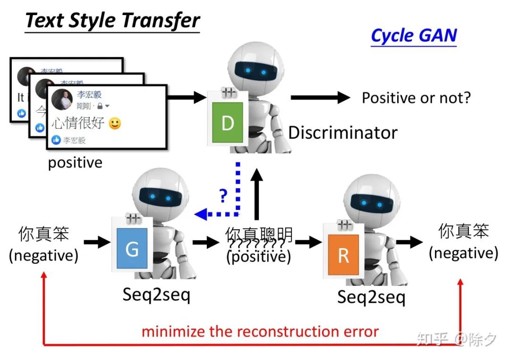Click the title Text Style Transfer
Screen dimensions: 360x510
tap(112, 21)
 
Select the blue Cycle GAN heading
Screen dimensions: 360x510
tap(414, 36)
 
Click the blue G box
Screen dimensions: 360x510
tap(132, 249)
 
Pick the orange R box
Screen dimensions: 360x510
tap(343, 255)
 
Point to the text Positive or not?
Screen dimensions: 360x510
tap(416, 98)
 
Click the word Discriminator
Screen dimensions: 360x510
tap(343, 133)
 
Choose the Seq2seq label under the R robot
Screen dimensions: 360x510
tap(371, 297)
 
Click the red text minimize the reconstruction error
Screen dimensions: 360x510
tap(260, 331)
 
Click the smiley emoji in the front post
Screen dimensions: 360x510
tap(115, 124)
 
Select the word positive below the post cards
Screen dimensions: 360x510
tap(75, 163)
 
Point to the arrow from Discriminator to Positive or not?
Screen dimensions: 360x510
tap(320, 98)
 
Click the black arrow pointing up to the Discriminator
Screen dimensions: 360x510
tap(256, 193)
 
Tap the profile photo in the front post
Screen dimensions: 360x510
tap(62, 99)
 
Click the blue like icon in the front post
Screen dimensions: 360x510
tap(56, 140)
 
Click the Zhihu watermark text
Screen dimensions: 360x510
tap(456, 339)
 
